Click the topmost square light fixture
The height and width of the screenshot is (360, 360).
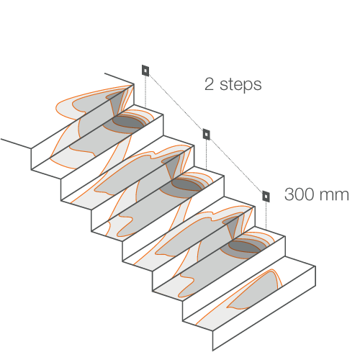point(145,71)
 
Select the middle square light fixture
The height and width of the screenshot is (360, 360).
point(207,134)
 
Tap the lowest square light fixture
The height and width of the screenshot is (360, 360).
point(266,197)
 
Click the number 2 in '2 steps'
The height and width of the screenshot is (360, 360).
point(209,84)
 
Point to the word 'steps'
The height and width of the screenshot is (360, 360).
point(240,85)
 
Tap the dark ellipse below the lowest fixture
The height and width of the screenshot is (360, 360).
point(244,246)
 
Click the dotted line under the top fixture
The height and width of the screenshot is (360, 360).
point(145,91)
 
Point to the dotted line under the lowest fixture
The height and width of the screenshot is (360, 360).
point(266,217)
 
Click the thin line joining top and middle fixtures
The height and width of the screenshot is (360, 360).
point(176,102)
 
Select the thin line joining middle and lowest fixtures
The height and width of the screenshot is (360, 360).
point(236,166)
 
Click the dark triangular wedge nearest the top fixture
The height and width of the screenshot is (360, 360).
point(117,102)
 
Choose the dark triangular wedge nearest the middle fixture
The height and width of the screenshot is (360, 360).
point(173,165)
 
